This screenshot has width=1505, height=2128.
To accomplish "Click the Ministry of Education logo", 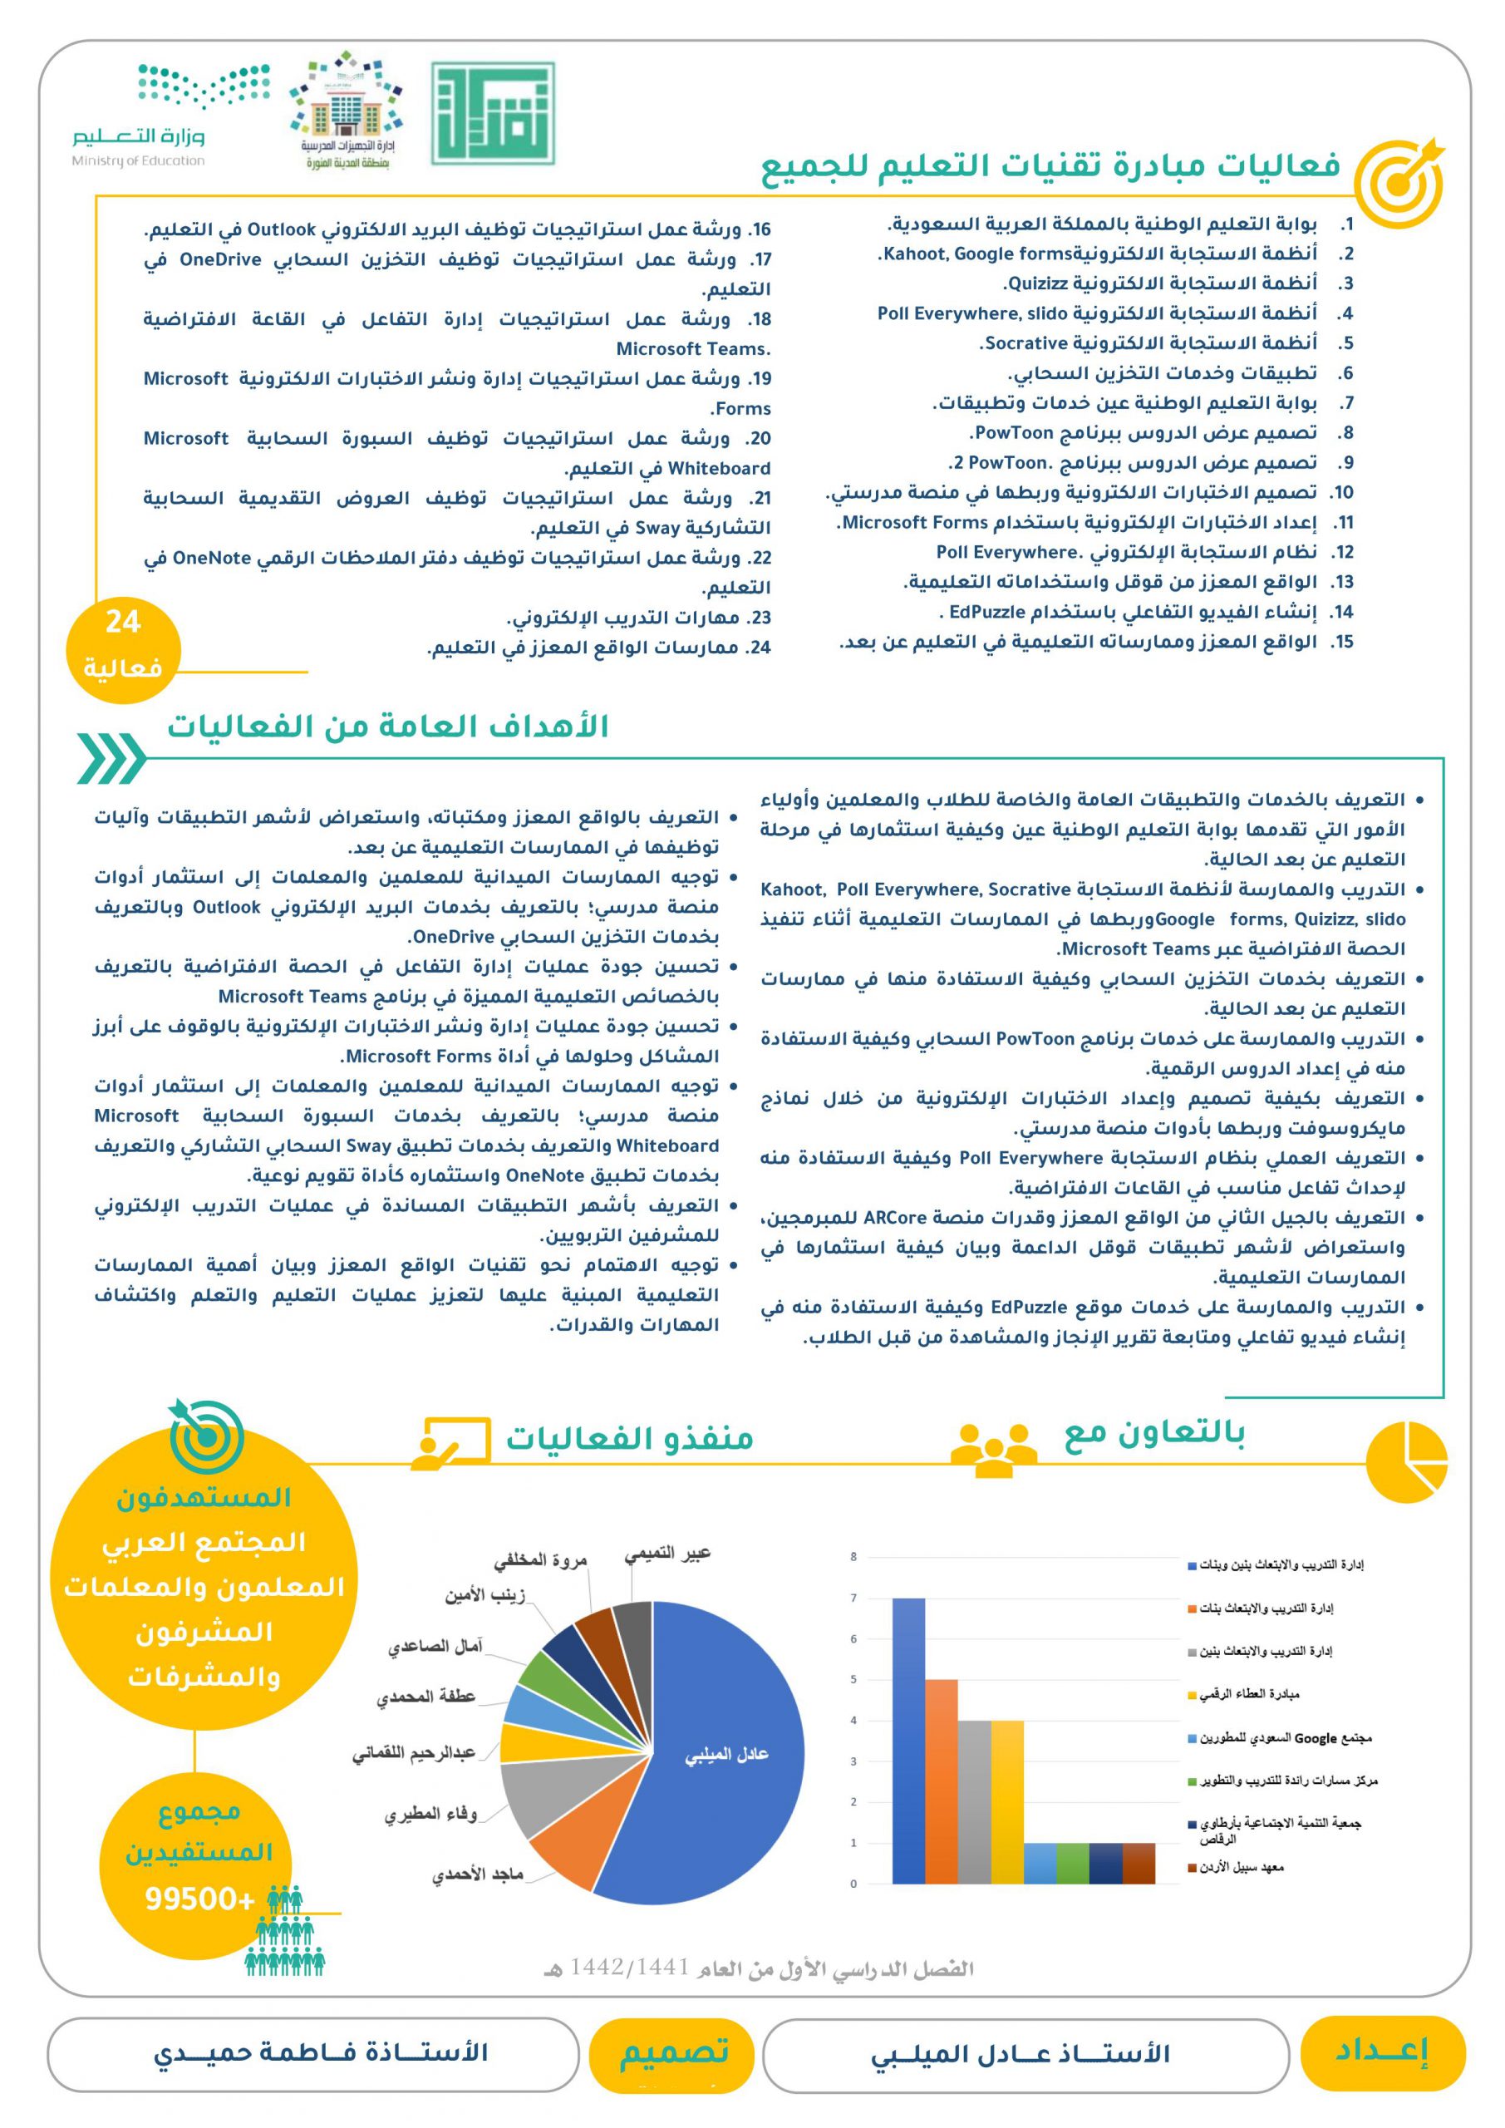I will point(139,115).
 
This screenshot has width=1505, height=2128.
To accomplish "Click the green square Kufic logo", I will point(493,113).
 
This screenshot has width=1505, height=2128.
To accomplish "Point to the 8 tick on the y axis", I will point(853,1557).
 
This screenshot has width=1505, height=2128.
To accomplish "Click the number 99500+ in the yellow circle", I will point(199,1899).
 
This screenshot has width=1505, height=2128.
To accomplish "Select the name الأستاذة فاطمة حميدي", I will point(320,2052).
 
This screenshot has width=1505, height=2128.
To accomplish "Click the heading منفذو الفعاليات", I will point(629,1438).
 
